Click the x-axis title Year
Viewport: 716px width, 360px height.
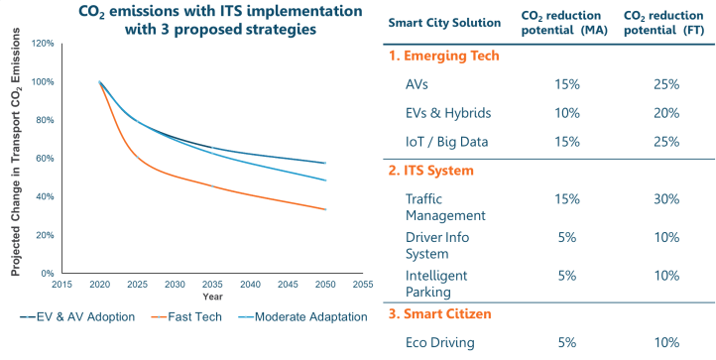[212, 296]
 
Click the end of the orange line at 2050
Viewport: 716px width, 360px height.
[326, 209]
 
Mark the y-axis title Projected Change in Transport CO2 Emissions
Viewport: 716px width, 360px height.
[17, 159]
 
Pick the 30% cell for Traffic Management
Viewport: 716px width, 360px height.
[665, 198]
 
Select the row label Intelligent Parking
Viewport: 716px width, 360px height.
[436, 283]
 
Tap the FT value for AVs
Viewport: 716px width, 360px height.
[665, 84]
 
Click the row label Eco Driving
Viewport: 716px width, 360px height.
[441, 342]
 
